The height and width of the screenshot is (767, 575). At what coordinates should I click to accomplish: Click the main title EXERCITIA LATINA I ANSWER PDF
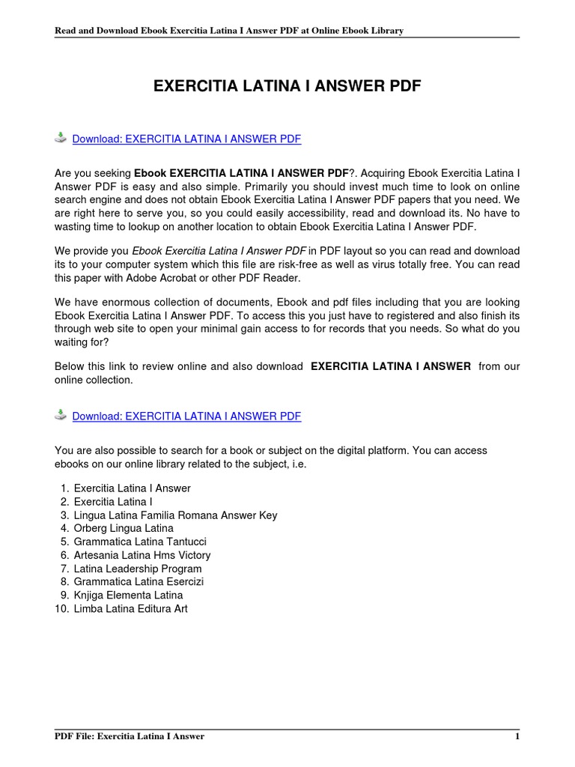click(x=287, y=87)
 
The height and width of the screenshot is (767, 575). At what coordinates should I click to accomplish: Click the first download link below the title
click(x=186, y=139)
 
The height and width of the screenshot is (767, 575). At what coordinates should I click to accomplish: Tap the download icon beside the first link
click(x=61, y=138)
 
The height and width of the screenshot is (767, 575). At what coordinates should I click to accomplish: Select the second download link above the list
click(x=186, y=416)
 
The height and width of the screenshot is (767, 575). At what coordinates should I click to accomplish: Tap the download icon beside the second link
click(x=61, y=415)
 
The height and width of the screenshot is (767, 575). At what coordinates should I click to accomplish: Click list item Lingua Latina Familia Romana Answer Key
click(x=175, y=515)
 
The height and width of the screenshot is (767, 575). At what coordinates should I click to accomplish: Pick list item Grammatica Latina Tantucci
click(x=140, y=542)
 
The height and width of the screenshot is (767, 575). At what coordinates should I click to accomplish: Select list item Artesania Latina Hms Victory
click(x=142, y=555)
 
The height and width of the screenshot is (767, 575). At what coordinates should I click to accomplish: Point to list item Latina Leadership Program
click(x=138, y=569)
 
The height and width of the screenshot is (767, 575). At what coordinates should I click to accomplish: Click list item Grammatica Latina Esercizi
click(x=139, y=582)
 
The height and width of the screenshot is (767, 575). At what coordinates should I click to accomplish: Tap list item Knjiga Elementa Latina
click(x=128, y=595)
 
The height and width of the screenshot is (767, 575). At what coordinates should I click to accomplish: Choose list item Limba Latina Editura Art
click(x=130, y=609)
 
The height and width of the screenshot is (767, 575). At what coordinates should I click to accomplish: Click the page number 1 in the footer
click(x=517, y=736)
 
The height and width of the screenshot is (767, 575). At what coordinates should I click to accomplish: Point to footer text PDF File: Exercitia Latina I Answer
click(x=130, y=736)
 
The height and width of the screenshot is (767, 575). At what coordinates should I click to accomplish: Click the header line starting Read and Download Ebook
click(x=229, y=30)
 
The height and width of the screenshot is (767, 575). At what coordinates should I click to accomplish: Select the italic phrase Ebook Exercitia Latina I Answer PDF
click(x=219, y=250)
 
